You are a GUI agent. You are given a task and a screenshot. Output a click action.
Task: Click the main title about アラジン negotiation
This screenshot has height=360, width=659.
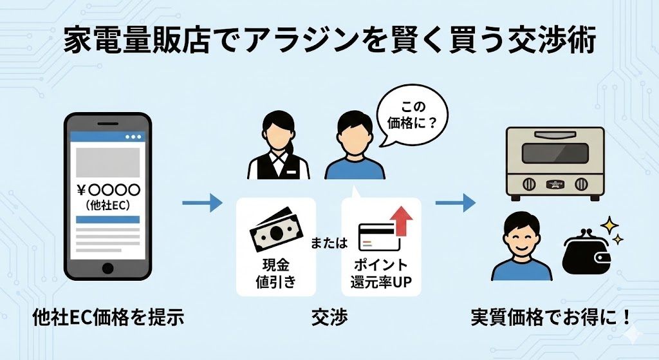(329, 43)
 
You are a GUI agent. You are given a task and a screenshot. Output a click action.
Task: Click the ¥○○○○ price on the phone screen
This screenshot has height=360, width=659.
(108, 190)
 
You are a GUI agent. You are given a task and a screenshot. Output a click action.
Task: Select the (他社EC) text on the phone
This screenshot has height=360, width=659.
(108, 206)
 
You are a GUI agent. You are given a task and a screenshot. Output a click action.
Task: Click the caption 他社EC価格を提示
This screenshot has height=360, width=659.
(109, 317)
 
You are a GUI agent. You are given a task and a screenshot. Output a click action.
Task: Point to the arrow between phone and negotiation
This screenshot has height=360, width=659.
(201, 204)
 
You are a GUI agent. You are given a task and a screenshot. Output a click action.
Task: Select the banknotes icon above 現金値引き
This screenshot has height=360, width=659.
(275, 227)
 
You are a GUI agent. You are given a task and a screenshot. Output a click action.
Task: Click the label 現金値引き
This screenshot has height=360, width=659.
(275, 272)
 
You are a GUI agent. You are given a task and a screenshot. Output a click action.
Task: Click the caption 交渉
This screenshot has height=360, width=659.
(329, 317)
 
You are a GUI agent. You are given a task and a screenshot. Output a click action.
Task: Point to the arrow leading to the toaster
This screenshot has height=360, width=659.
(455, 204)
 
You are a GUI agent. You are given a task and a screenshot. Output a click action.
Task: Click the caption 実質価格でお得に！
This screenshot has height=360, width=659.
(550, 317)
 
